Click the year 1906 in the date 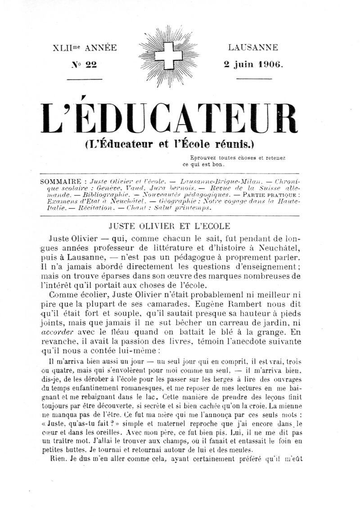click(x=269, y=64)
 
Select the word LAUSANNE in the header click(x=253, y=47)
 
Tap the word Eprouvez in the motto click(x=202, y=158)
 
